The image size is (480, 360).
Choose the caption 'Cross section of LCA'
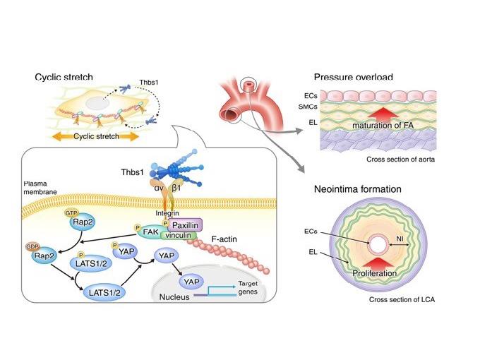pyautogui.click(x=400, y=301)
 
